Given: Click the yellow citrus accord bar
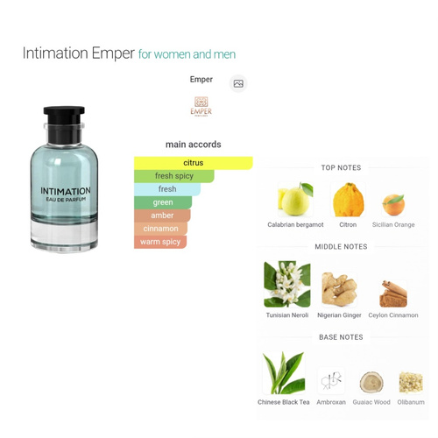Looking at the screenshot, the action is [x=194, y=163].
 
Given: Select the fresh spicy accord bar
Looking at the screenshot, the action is [x=174, y=176].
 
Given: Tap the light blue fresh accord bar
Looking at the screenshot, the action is [x=167, y=189].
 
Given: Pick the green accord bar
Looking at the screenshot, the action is [x=163, y=202].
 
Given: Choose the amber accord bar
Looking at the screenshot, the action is [x=162, y=215].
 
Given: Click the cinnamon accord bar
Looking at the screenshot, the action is [x=160, y=229].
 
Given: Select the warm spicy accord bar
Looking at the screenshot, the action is [x=160, y=242].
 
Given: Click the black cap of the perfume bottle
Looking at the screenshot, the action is [x=64, y=124].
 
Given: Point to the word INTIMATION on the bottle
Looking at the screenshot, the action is [x=66, y=191].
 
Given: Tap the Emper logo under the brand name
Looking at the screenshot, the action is [x=201, y=106].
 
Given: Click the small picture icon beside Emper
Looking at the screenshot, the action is [x=238, y=83].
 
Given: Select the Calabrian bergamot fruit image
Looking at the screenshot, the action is [x=295, y=199].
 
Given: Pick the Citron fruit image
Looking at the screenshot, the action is [x=349, y=200].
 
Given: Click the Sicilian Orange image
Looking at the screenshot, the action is [x=393, y=205].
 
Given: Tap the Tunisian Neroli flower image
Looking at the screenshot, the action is [x=287, y=284].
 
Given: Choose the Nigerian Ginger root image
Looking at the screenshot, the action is [x=339, y=289].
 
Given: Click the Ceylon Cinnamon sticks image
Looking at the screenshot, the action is [x=393, y=293].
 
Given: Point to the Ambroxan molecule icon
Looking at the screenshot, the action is [x=331, y=381].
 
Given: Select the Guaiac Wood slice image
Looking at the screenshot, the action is [x=371, y=382].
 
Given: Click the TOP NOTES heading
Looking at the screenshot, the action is [x=341, y=167].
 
